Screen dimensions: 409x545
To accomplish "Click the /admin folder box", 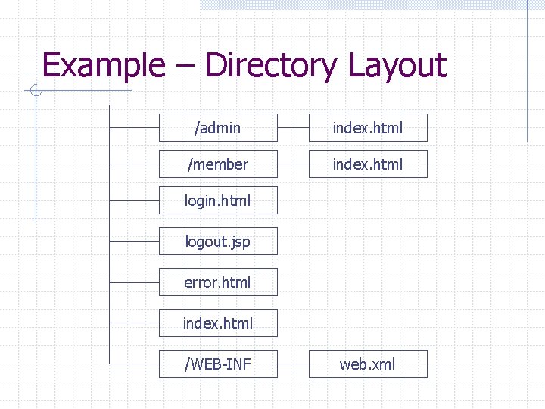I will (218, 128).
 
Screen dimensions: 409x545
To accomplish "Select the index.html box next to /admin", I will (368, 128).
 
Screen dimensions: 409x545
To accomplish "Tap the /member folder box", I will (218, 164).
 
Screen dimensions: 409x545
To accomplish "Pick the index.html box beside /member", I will (368, 164).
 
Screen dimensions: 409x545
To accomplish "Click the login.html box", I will (218, 201).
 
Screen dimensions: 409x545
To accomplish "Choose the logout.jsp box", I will (218, 242).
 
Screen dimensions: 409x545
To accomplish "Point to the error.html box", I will (218, 283).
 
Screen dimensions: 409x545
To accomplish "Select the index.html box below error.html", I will (218, 323).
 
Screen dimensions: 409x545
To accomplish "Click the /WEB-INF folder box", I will (218, 364).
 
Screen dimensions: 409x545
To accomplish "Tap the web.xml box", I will (368, 364).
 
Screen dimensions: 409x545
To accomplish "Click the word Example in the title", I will (103, 66).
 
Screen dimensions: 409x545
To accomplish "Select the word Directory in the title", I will (270, 66).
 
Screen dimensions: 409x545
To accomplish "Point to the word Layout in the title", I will (397, 66).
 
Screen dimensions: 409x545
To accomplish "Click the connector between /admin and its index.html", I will (293, 128).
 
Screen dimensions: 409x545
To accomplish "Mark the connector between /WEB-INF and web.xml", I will (293, 364).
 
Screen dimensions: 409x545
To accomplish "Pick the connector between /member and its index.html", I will (293, 164).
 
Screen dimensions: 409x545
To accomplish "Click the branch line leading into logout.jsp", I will (134, 242).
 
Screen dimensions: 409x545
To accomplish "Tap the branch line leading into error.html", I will (134, 283).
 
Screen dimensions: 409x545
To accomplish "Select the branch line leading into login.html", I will (134, 201).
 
